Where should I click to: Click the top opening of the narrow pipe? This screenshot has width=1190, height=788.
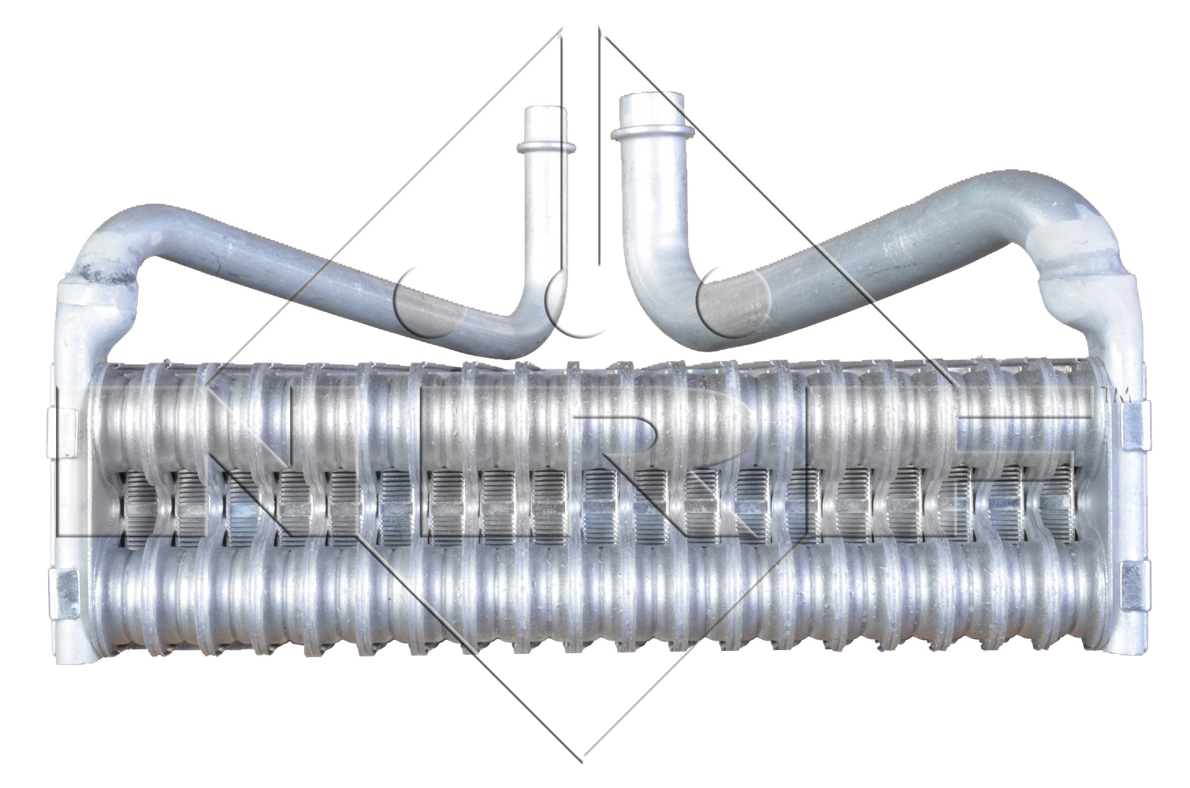click(545, 110)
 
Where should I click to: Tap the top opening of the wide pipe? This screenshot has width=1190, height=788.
click(652, 98)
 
